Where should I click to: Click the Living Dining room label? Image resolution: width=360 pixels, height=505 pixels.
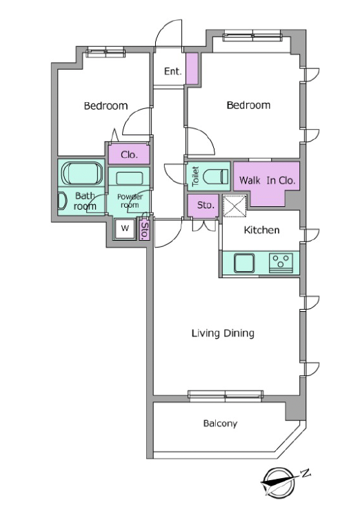tap(223, 333)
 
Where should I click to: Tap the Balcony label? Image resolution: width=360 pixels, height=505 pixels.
tap(220, 424)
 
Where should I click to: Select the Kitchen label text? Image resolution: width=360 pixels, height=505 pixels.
tap(261, 230)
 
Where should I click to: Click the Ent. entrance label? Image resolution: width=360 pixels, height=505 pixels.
tap(172, 71)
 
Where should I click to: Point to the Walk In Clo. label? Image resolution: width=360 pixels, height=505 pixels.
tap(268, 180)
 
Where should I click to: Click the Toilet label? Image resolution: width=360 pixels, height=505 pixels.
tap(195, 176)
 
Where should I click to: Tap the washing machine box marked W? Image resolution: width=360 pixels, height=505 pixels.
tap(125, 228)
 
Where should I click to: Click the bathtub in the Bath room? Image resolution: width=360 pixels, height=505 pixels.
tap(82, 173)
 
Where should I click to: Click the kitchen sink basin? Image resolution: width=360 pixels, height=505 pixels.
tap(244, 263)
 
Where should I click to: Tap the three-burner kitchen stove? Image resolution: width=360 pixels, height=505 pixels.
tap(281, 263)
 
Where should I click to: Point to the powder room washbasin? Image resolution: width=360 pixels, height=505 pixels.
tap(129, 178)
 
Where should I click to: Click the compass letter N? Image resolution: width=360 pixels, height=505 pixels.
tap(306, 473)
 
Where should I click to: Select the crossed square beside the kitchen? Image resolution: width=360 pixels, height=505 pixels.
tap(234, 206)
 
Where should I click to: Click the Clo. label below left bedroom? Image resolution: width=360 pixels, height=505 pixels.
tap(129, 155)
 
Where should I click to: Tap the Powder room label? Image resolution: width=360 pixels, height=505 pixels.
tap(130, 201)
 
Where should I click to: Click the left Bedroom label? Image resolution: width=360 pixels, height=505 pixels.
tap(106, 106)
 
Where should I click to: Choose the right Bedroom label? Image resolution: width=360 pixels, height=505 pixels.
tap(248, 106)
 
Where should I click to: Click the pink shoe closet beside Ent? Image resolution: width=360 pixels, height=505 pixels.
tap(192, 68)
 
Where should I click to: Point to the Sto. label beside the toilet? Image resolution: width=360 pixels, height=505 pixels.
tap(206, 205)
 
